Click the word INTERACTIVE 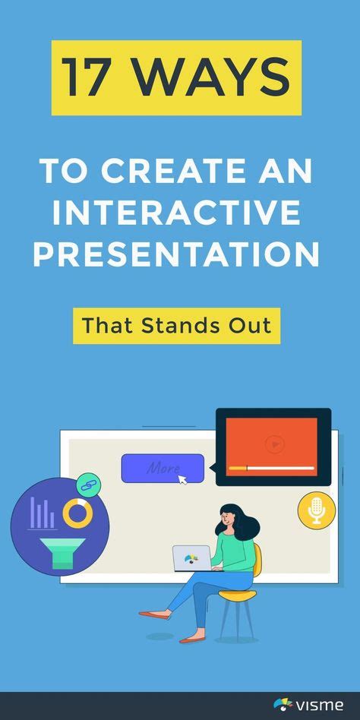(180, 213)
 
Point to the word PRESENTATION (176, 254)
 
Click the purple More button (163, 468)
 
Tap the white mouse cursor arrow (182, 480)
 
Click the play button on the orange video (273, 444)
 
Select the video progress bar (273, 468)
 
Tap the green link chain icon (88, 485)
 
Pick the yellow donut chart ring (77, 513)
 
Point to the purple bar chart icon (41, 513)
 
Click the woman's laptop (191, 558)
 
